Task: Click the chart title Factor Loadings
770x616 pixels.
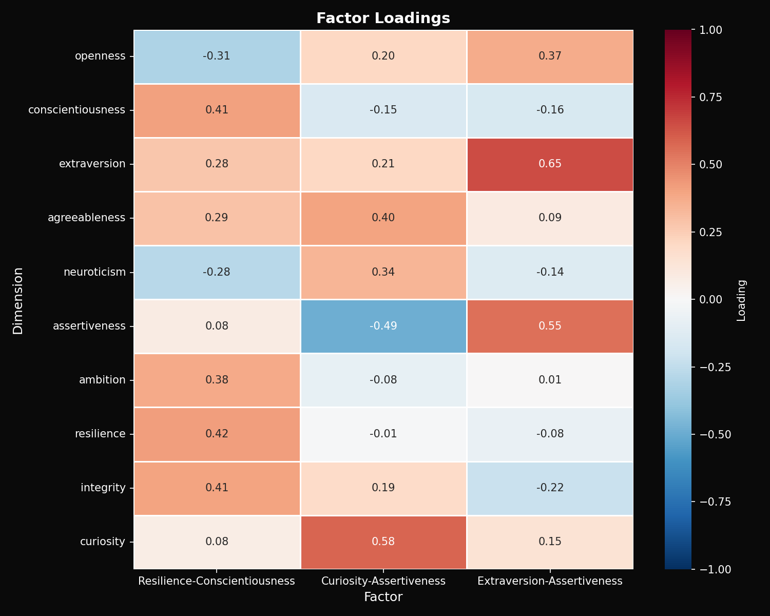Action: pyautogui.click(x=383, y=18)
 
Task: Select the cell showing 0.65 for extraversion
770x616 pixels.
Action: pyautogui.click(x=550, y=164)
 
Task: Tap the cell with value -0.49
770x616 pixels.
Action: pyautogui.click(x=383, y=326)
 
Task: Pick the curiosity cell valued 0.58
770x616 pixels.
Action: pyautogui.click(x=383, y=542)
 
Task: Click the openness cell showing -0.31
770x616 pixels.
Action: pyautogui.click(x=217, y=56)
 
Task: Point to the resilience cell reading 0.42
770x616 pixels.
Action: pyautogui.click(x=217, y=434)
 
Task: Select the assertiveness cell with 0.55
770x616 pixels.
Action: pyautogui.click(x=550, y=326)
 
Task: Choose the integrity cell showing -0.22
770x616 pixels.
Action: pyautogui.click(x=550, y=488)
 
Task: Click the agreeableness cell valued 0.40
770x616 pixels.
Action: pyautogui.click(x=383, y=218)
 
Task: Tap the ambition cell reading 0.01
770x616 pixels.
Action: pyautogui.click(x=550, y=380)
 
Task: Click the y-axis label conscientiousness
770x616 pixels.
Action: pyautogui.click(x=76, y=110)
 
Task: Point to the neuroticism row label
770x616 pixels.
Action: pyautogui.click(x=94, y=272)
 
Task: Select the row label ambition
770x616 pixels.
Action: pyautogui.click(x=102, y=380)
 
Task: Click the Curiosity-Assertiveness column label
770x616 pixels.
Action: pyautogui.click(x=383, y=581)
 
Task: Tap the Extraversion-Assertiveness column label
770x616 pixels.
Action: pyautogui.click(x=550, y=581)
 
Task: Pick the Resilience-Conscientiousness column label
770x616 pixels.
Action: pyautogui.click(x=217, y=581)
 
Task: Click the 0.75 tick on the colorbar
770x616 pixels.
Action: pyautogui.click(x=711, y=98)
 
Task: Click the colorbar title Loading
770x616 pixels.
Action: pyautogui.click(x=741, y=300)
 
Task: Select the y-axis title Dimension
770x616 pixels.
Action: pyautogui.click(x=18, y=300)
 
